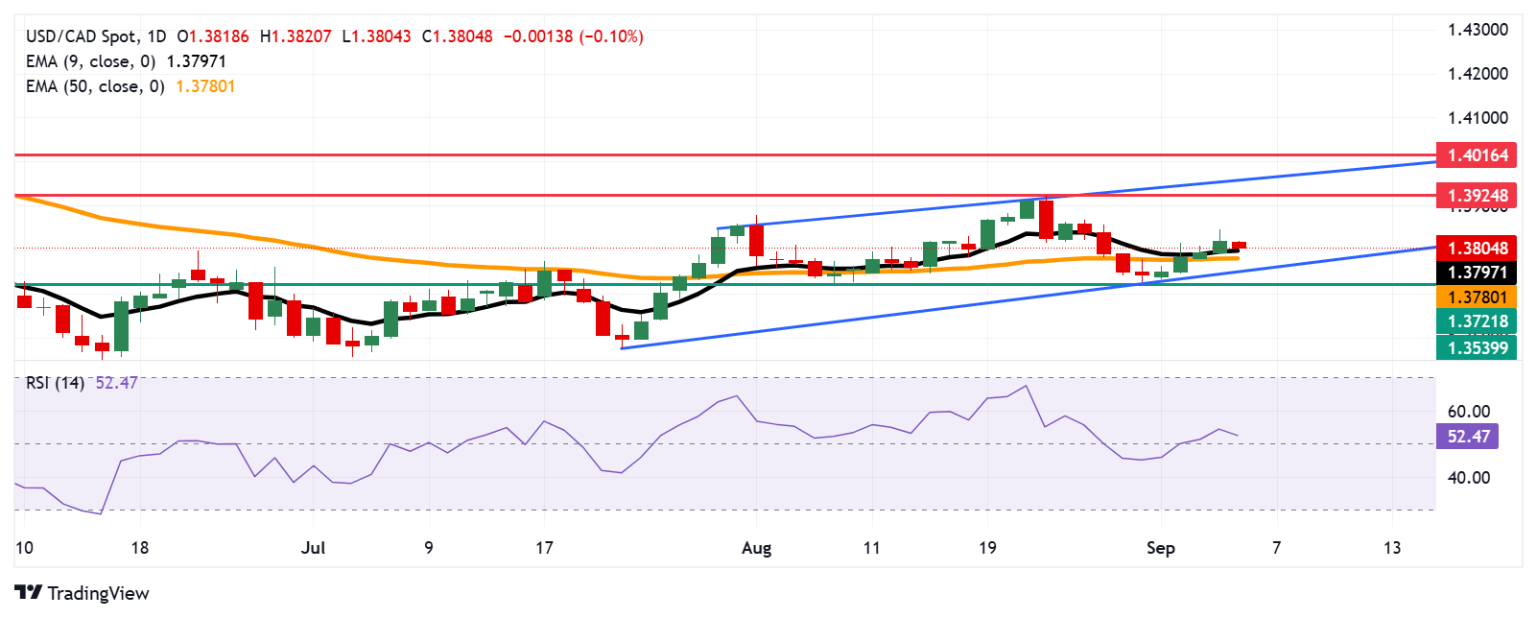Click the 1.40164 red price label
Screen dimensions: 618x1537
(1477, 154)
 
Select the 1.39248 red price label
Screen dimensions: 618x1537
(1477, 195)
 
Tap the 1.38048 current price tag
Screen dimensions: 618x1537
(1477, 248)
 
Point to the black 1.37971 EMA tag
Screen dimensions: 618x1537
(1477, 273)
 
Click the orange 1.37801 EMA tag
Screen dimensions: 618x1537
(1477, 297)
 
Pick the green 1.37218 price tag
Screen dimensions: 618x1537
(1477, 321)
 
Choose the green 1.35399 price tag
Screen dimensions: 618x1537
(1477, 347)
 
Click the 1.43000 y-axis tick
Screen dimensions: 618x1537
(1478, 30)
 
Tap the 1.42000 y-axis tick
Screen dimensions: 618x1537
(1478, 74)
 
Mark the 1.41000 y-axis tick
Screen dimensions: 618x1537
(1478, 118)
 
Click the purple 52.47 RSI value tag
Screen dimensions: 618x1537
(1468, 437)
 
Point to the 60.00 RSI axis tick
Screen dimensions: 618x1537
(1468, 412)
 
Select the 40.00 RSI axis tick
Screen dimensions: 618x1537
(1468, 478)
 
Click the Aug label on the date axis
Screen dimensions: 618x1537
(756, 548)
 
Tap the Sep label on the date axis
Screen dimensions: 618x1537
(1160, 548)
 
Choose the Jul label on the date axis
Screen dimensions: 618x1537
(313, 548)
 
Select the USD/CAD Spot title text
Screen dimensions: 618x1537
(81, 36)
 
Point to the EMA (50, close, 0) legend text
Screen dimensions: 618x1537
(95, 86)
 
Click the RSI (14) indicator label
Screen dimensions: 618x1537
(55, 383)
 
